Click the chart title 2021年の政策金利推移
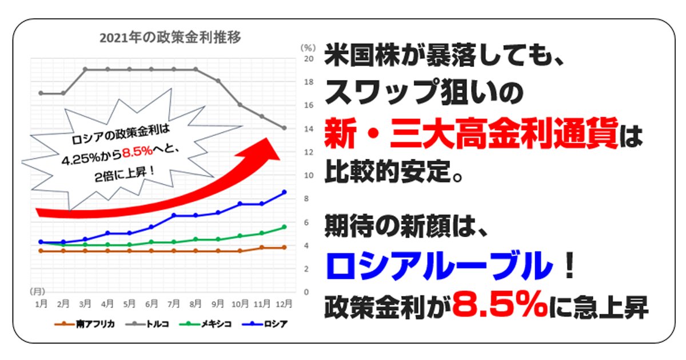click(170, 38)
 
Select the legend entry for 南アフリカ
click(85, 324)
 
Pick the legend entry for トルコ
click(147, 324)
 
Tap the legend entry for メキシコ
click(205, 324)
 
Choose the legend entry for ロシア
click(265, 324)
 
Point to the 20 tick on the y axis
click(309, 59)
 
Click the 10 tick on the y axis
click(309, 175)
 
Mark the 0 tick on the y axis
click(306, 292)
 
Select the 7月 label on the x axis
click(173, 303)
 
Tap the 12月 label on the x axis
click(284, 303)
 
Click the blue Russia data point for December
click(284, 192)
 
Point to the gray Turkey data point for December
click(284, 128)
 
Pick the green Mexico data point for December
click(284, 227)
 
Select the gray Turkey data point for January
click(41, 93)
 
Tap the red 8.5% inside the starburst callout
click(138, 151)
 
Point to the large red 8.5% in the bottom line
click(500, 305)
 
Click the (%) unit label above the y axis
click(308, 48)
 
